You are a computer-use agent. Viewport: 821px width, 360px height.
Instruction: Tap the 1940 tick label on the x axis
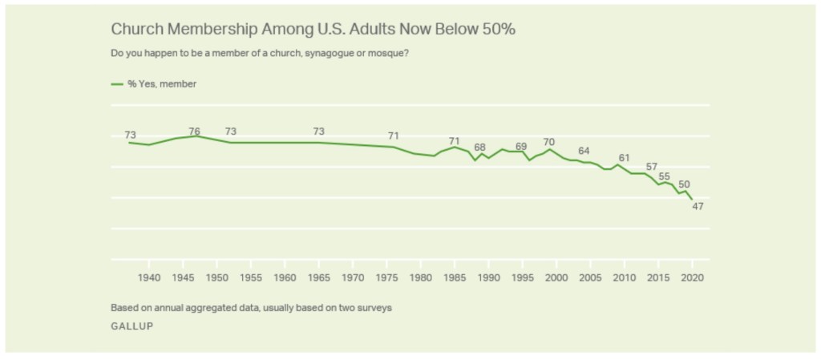tap(149, 277)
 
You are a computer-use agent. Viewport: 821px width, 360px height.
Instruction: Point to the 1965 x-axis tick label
tap(319, 277)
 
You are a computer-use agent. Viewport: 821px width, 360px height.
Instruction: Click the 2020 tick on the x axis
tap(692, 277)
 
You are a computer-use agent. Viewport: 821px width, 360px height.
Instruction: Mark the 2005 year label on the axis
tap(590, 277)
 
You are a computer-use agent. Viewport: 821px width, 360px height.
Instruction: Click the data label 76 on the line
tap(194, 131)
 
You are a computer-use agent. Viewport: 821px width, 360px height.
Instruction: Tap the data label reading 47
tap(698, 207)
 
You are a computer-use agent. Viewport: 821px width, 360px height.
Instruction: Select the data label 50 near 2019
tap(684, 184)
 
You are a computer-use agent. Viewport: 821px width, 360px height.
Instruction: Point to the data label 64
tap(584, 151)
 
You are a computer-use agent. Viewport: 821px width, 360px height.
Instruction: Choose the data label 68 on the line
tap(479, 148)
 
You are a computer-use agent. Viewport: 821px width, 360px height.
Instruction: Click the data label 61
tap(624, 157)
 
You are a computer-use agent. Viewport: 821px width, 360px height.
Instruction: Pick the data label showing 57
tap(651, 167)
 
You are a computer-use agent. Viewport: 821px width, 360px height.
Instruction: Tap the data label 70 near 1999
tap(549, 142)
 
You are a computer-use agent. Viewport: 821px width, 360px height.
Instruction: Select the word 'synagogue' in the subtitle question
tap(330, 54)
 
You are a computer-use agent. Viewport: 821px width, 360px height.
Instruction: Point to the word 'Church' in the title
tap(133, 29)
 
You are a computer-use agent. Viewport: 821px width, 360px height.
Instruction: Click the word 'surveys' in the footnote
tap(374, 307)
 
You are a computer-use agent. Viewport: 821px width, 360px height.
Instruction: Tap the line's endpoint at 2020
tap(692, 200)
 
